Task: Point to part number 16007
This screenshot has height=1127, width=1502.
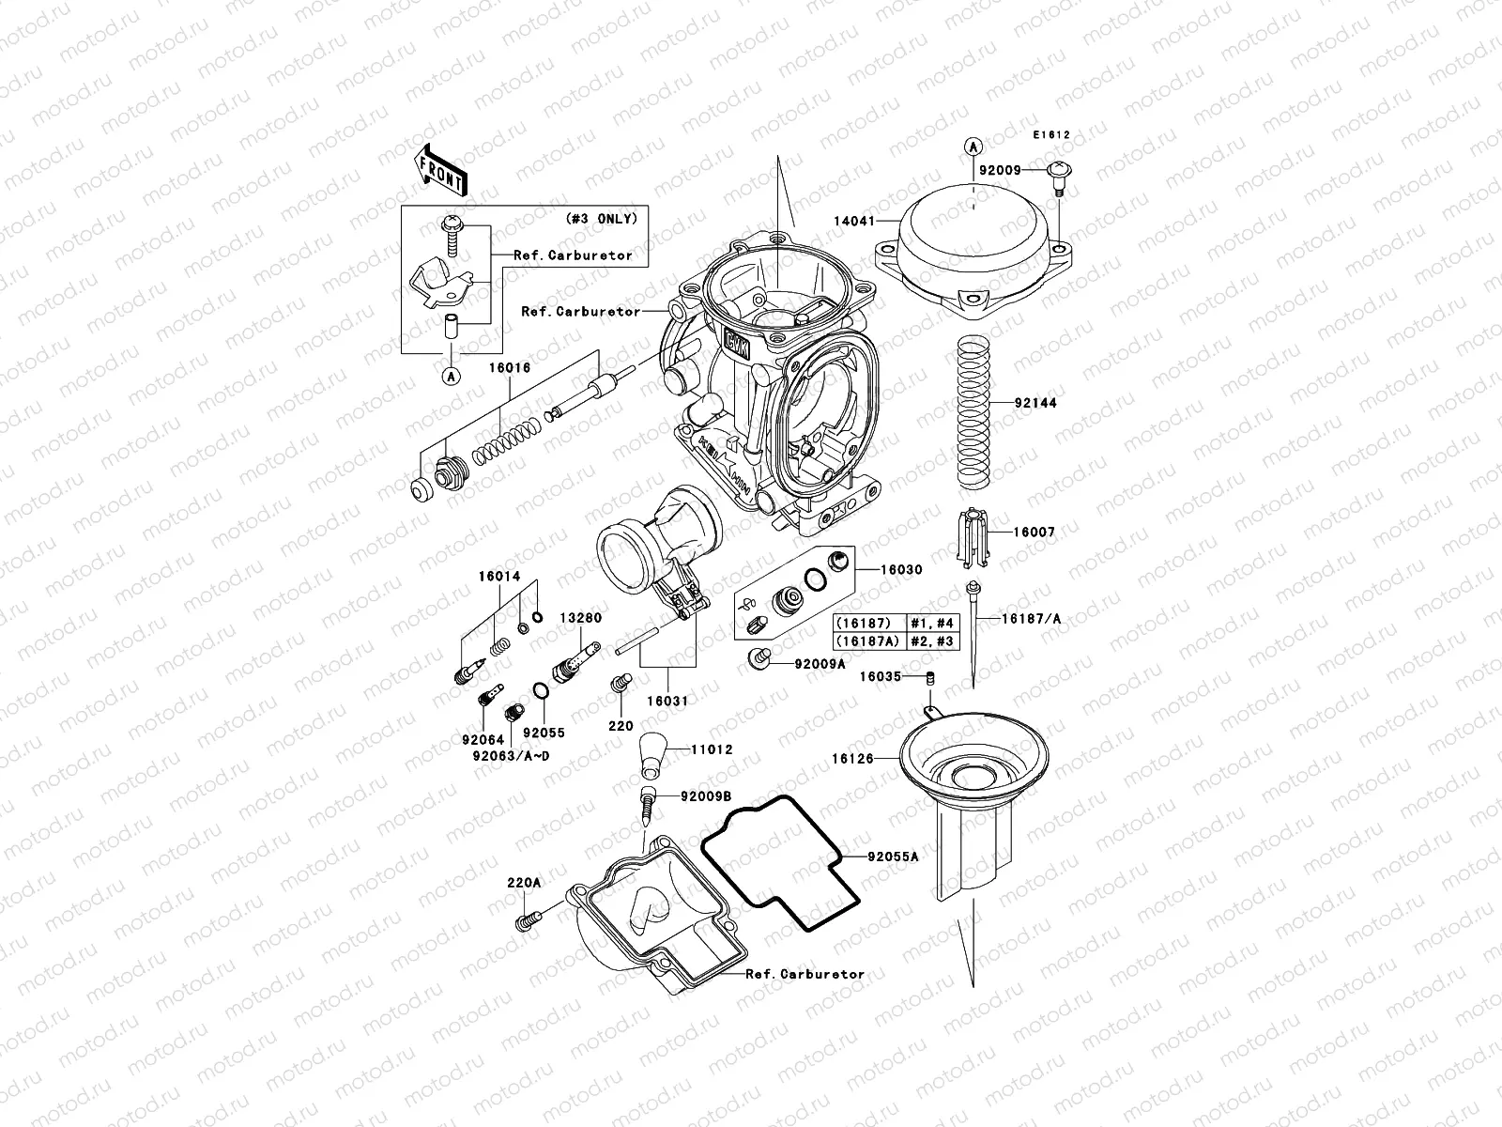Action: (x=1034, y=532)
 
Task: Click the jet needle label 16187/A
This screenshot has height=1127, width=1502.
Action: (x=1031, y=619)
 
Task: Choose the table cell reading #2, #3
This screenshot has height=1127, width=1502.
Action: (x=928, y=641)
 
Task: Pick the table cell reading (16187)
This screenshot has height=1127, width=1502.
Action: (x=866, y=623)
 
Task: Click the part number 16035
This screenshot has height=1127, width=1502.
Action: (x=880, y=676)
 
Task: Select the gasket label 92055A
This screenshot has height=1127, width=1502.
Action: (x=893, y=857)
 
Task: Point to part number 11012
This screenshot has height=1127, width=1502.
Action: (x=713, y=750)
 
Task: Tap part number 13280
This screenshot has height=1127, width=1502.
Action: (x=581, y=619)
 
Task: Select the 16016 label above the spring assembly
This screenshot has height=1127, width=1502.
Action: (x=508, y=368)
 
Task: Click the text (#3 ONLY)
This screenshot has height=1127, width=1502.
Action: (x=600, y=219)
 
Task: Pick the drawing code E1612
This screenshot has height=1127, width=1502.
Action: (x=1051, y=135)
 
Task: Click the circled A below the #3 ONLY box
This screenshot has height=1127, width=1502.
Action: (x=452, y=376)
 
